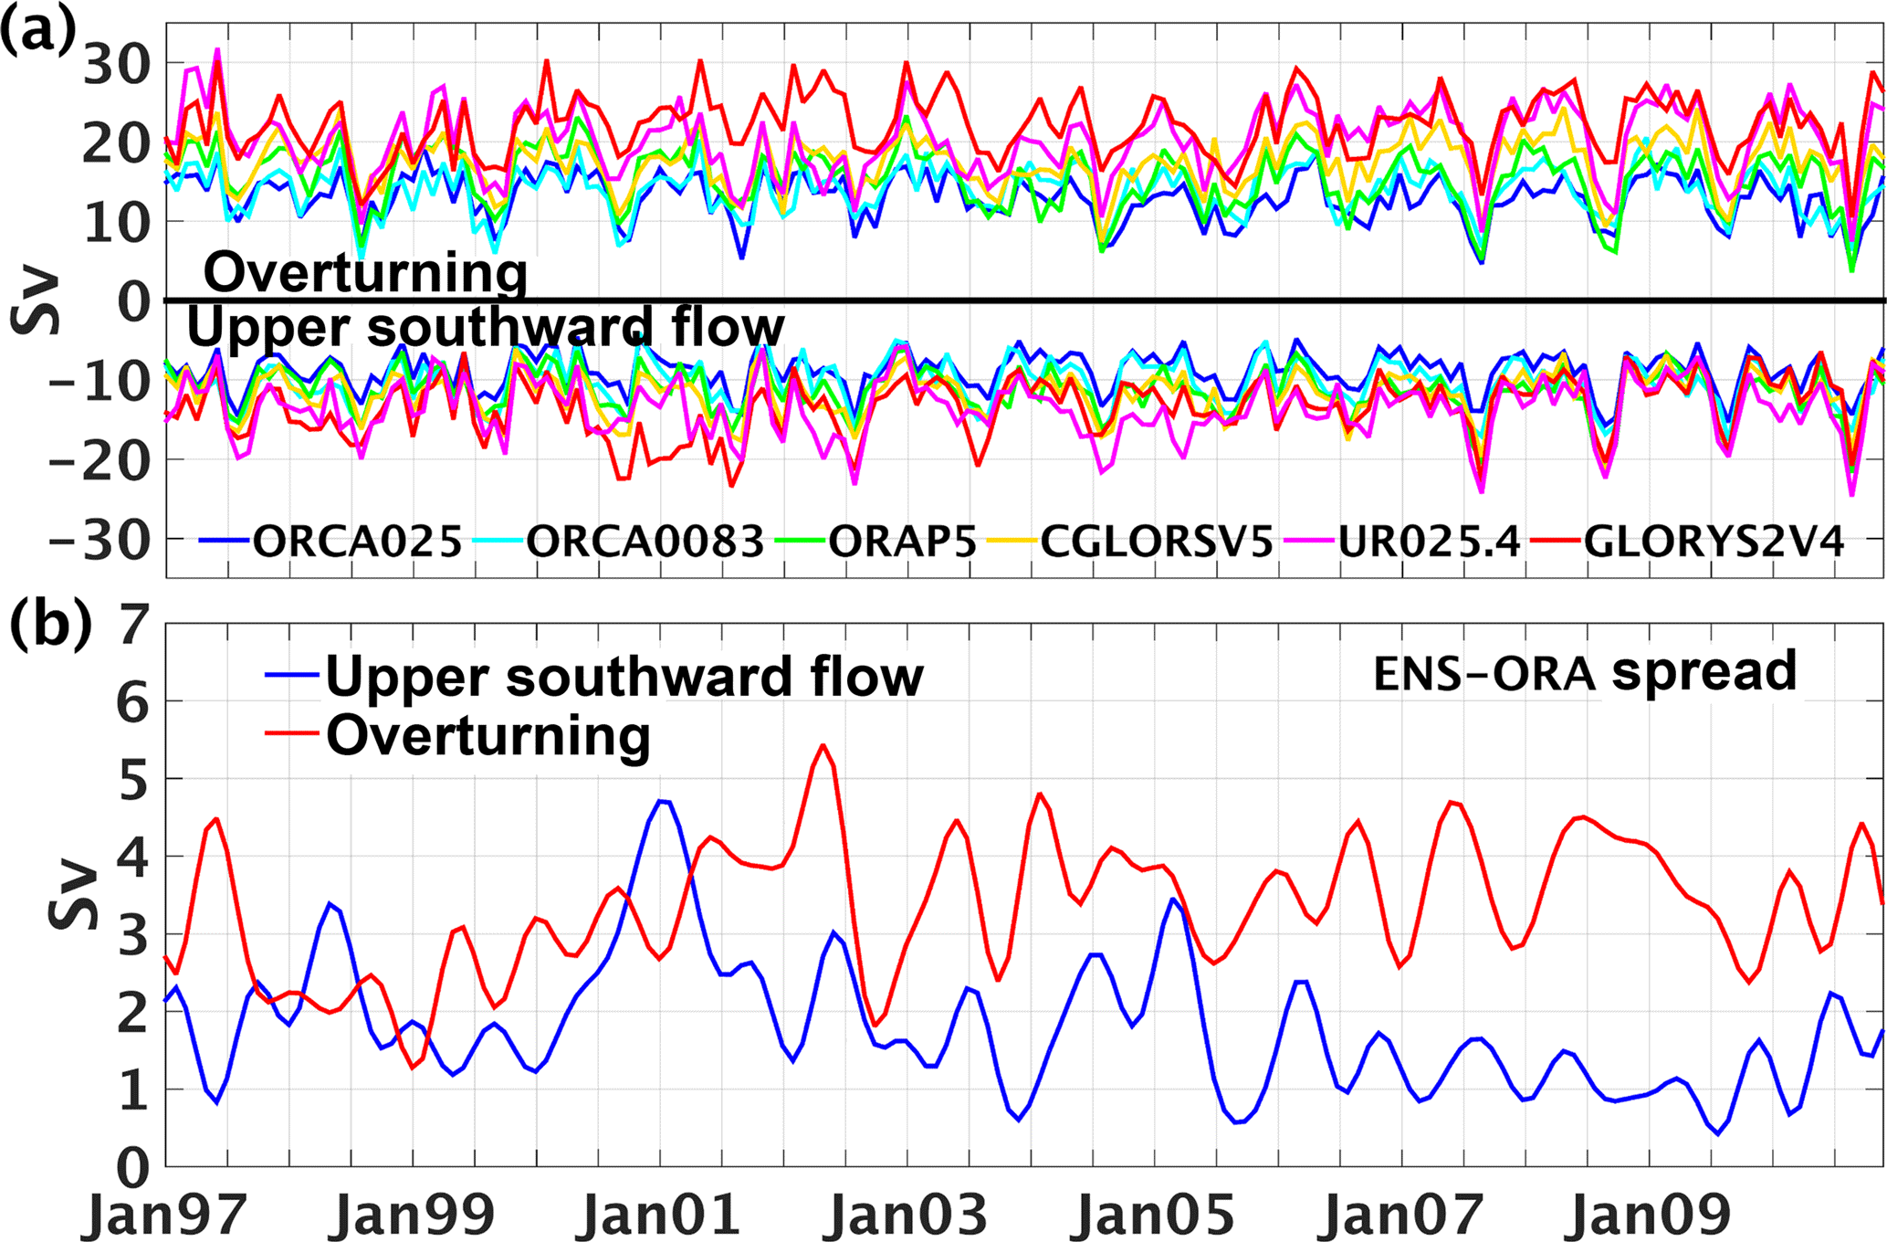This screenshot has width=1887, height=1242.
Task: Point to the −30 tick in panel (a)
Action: (x=100, y=541)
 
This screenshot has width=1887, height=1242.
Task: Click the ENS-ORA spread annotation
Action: (x=1585, y=672)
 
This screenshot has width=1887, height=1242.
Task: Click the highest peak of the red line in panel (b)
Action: (x=823, y=745)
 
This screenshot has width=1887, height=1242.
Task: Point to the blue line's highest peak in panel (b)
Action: (x=663, y=801)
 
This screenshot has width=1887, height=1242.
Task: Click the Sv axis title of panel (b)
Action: (x=73, y=895)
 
